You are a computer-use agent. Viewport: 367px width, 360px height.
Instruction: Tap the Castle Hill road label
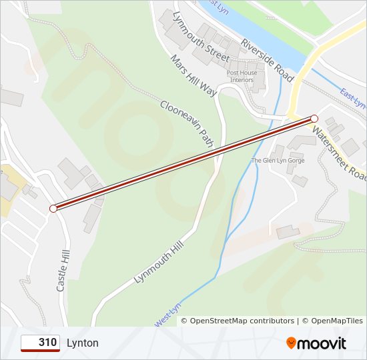click(x=63, y=271)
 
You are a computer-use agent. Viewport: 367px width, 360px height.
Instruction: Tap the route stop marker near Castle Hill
click(x=53, y=209)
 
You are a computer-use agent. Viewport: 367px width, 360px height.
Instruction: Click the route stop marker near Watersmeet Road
click(x=314, y=119)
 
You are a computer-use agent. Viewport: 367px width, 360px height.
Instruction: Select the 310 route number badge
click(x=40, y=343)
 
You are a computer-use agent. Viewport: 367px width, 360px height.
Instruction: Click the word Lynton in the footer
click(x=83, y=343)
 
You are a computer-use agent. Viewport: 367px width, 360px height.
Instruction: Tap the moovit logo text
click(x=322, y=343)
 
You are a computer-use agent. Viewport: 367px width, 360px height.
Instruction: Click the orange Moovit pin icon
click(x=291, y=343)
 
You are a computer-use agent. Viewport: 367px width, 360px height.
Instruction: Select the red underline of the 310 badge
click(x=40, y=351)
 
